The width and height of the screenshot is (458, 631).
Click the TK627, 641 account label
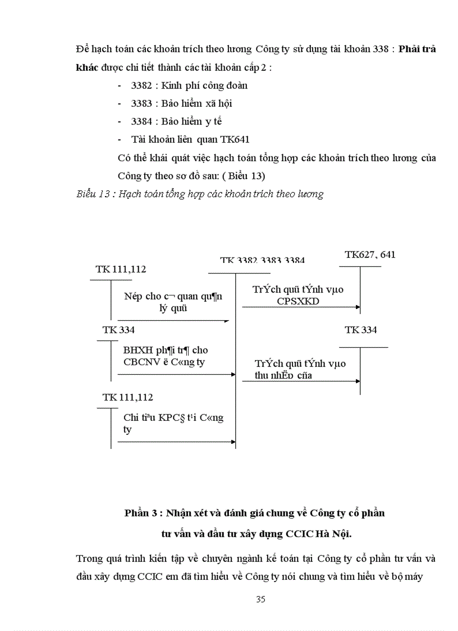pos(370,255)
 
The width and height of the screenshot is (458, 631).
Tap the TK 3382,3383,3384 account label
pos(262,261)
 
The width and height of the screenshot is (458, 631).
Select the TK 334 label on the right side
pos(360,330)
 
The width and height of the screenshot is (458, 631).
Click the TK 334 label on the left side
pos(118,330)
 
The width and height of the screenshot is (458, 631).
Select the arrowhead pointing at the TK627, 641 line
pos(357,307)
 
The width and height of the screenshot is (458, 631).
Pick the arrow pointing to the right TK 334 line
pos(357,381)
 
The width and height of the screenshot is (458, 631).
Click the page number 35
pos(260,599)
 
